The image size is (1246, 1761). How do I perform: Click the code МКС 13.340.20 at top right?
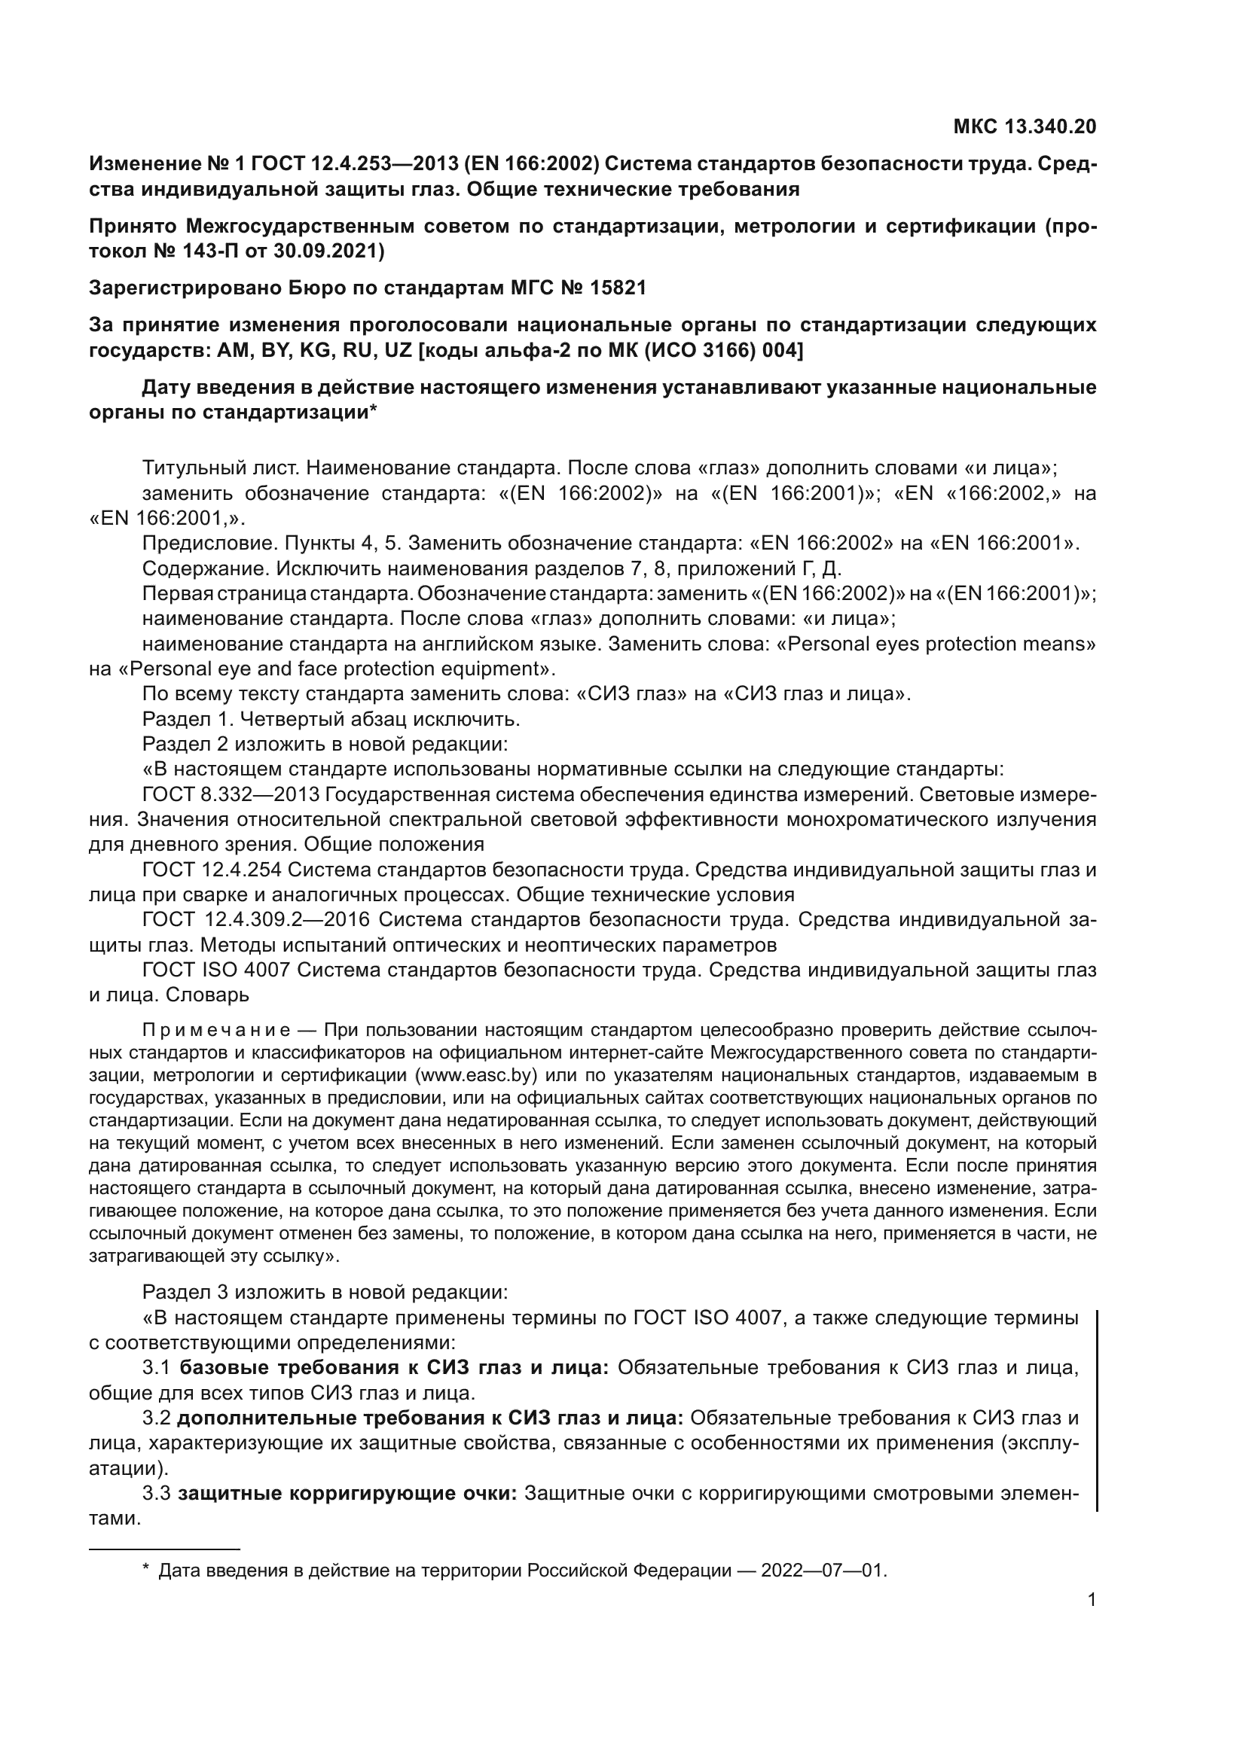pyautogui.click(x=1025, y=126)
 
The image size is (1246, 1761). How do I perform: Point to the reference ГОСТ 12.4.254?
pyautogui.click(x=211, y=870)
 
